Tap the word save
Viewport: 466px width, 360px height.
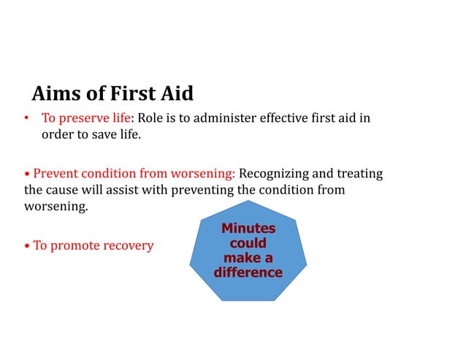coord(100,135)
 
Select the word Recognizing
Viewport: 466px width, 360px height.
coord(277,175)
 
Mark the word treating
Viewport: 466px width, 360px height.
coord(359,175)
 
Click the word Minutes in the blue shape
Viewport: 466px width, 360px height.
coord(248,229)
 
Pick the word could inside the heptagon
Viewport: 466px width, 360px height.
coord(248,243)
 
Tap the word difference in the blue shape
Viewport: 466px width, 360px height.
coord(248,272)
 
